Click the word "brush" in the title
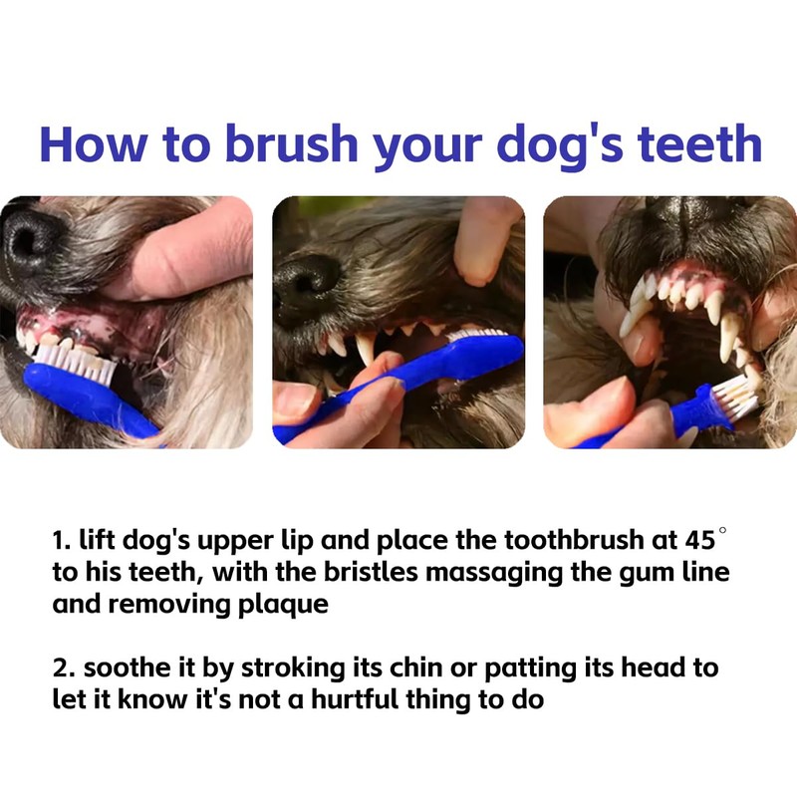tap(292, 143)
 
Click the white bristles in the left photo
tap(77, 362)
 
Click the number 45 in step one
tap(700, 540)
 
